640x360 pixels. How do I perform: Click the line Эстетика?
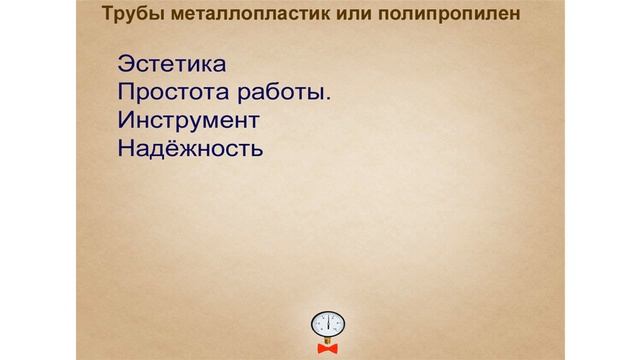[172, 64]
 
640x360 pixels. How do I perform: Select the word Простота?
[176, 93]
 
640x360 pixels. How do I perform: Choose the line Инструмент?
[188, 121]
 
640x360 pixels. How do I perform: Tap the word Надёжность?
[190, 150]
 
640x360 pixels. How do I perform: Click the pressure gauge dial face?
[327, 324]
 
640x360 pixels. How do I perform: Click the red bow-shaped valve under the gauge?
[327, 348]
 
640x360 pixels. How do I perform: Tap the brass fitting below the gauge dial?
[327, 340]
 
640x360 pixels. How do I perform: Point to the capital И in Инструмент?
[125, 121]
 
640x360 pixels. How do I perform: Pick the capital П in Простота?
[126, 93]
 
